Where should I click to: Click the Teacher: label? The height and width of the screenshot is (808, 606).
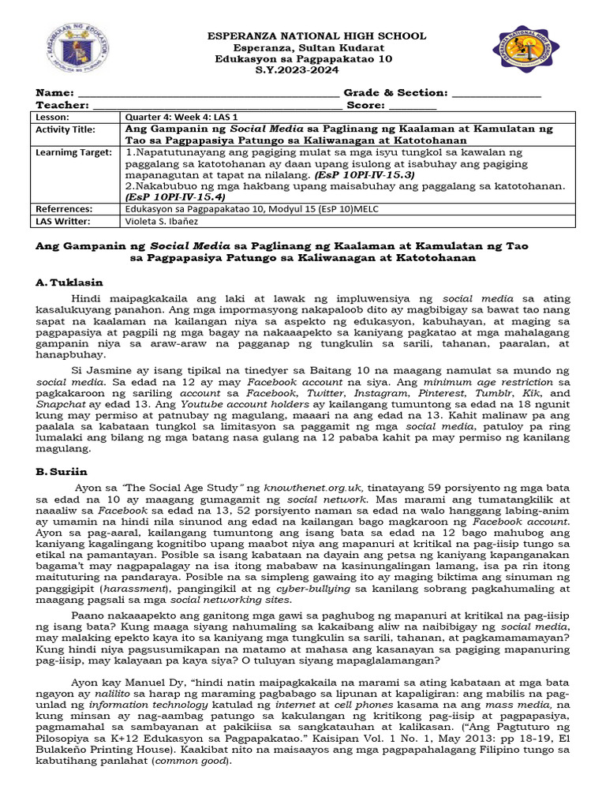[62, 105]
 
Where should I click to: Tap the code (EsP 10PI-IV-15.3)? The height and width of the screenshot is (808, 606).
[364, 174]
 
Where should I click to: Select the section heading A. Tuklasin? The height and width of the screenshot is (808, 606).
[69, 282]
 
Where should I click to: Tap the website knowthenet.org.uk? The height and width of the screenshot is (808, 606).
[305, 489]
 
